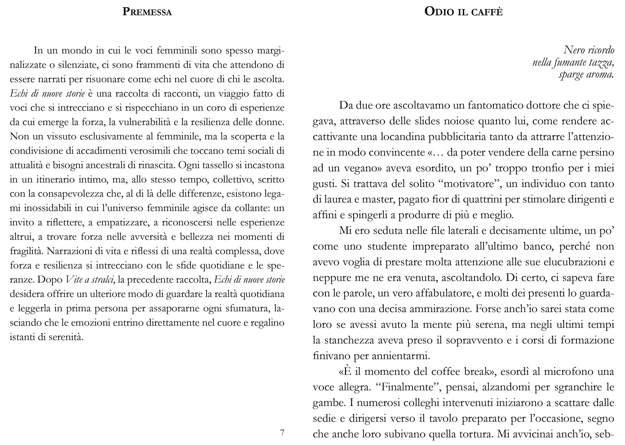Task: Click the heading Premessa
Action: click(147, 12)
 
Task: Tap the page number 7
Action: click(282, 433)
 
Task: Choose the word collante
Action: click(253, 208)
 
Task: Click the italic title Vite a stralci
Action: click(89, 279)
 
